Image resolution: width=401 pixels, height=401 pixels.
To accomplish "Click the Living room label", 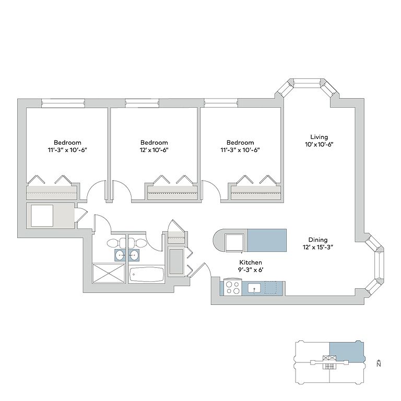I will (x=319, y=137).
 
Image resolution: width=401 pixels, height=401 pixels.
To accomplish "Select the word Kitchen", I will (x=250, y=262).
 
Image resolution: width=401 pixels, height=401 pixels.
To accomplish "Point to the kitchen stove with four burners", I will (x=232, y=288).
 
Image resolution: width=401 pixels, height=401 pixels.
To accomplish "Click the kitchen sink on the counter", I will (x=255, y=288).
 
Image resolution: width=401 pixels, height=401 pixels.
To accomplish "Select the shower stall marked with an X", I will (x=109, y=274).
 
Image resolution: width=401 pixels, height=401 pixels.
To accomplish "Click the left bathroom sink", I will (x=120, y=255).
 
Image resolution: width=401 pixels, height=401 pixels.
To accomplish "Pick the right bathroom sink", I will (x=134, y=255).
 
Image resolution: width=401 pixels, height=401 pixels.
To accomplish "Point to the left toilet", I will (x=114, y=243).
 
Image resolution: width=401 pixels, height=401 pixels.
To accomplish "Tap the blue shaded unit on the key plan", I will (x=346, y=351).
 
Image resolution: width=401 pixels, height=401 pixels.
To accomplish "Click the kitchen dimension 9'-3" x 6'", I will (x=250, y=270).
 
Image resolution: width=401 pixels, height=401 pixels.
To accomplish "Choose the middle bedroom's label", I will (x=154, y=143).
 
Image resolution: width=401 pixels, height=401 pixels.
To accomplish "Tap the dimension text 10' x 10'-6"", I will (x=319, y=144).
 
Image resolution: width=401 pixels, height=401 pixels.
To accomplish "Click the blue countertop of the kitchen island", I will (x=267, y=240).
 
